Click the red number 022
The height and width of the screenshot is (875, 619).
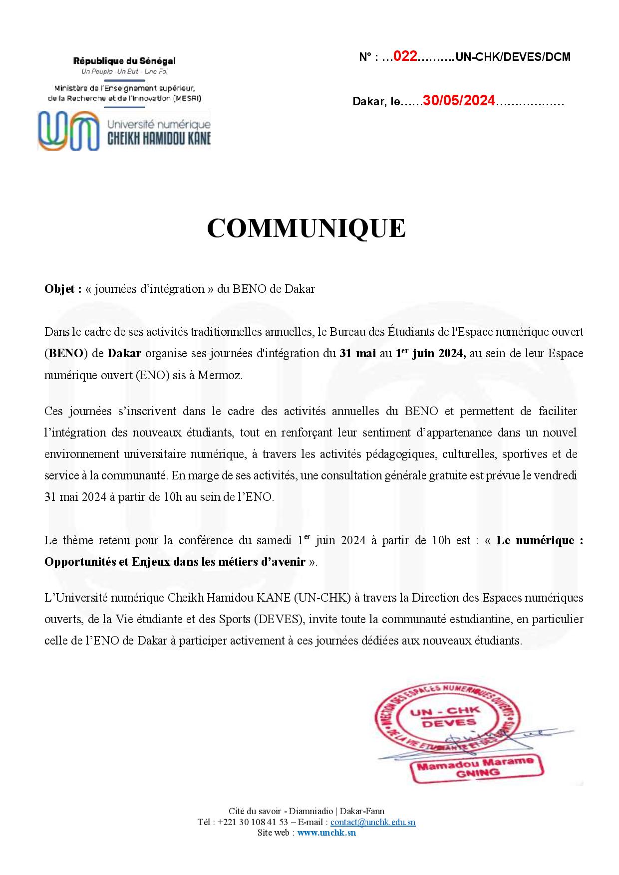pos(405,56)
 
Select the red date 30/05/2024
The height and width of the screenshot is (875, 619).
pos(459,101)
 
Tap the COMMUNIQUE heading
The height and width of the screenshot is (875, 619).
pos(306,228)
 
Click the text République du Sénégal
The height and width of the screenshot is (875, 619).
pos(124,61)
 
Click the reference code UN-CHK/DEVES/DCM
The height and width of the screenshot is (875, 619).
pos(513,57)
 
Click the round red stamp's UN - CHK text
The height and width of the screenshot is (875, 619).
pos(444,711)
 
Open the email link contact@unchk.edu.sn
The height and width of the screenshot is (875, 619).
pos(372,822)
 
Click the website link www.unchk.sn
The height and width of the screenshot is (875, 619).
pos(326,832)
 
